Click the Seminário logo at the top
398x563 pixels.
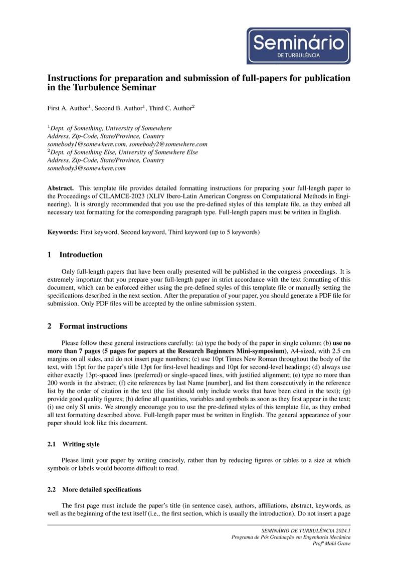(298, 46)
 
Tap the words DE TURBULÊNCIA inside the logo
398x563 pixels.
(298, 56)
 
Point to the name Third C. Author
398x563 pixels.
(170, 108)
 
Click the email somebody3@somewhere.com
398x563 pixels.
(86, 168)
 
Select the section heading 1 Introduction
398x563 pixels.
(75, 255)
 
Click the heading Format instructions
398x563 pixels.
(93, 326)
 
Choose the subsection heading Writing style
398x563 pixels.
(81, 444)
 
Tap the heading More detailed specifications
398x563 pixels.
(102, 489)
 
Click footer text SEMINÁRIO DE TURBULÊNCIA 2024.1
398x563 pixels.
(306, 530)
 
